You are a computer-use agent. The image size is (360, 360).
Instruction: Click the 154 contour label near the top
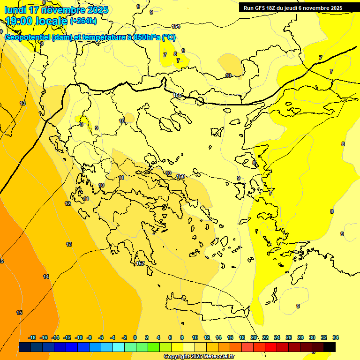tap(176, 26)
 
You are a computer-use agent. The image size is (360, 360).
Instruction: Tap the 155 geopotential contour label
tap(178, 95)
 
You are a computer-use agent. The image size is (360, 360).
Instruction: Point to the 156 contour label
tap(180, 176)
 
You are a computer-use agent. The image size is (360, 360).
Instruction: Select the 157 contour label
tap(140, 264)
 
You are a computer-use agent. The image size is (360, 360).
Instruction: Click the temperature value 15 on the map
tap(19, 313)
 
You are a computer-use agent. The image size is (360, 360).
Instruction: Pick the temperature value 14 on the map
tap(46, 277)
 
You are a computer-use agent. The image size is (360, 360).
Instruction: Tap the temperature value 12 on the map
tap(67, 203)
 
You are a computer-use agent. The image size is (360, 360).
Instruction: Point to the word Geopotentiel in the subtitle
tap(27, 37)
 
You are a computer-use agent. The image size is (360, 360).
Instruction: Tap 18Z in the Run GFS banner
tap(270, 8)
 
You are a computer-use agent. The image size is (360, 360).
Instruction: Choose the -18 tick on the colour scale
tap(32, 337)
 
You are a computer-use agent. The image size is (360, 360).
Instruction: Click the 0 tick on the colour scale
tap(135, 337)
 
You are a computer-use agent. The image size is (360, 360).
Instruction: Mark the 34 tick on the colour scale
tap(336, 337)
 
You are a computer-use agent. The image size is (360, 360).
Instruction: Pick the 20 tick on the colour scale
tap(254, 337)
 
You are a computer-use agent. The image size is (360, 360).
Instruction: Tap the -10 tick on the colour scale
tap(79, 337)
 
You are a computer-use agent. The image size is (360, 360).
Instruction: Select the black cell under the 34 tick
tap(330, 347)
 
